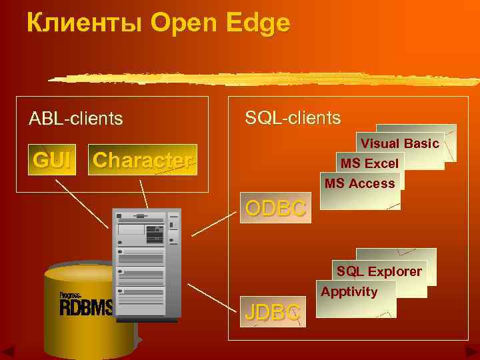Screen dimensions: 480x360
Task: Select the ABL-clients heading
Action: click(x=75, y=119)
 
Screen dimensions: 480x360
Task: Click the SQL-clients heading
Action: click(x=293, y=118)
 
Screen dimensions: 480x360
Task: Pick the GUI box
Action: click(x=52, y=160)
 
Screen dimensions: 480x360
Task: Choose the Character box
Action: click(x=142, y=160)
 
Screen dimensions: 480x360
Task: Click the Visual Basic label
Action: click(x=399, y=143)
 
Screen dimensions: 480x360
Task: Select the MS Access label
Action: click(x=360, y=183)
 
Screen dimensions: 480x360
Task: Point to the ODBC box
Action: click(x=275, y=208)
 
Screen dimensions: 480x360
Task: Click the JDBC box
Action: click(x=273, y=311)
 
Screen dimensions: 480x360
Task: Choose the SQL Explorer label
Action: click(x=379, y=271)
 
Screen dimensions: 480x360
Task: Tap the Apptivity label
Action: click(x=349, y=291)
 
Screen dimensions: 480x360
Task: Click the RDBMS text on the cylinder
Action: click(x=85, y=307)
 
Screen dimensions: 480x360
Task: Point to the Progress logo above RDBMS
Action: click(x=71, y=295)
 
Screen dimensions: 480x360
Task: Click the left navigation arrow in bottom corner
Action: click(x=10, y=351)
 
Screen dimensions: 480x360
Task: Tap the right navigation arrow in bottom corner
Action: click(x=471, y=351)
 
